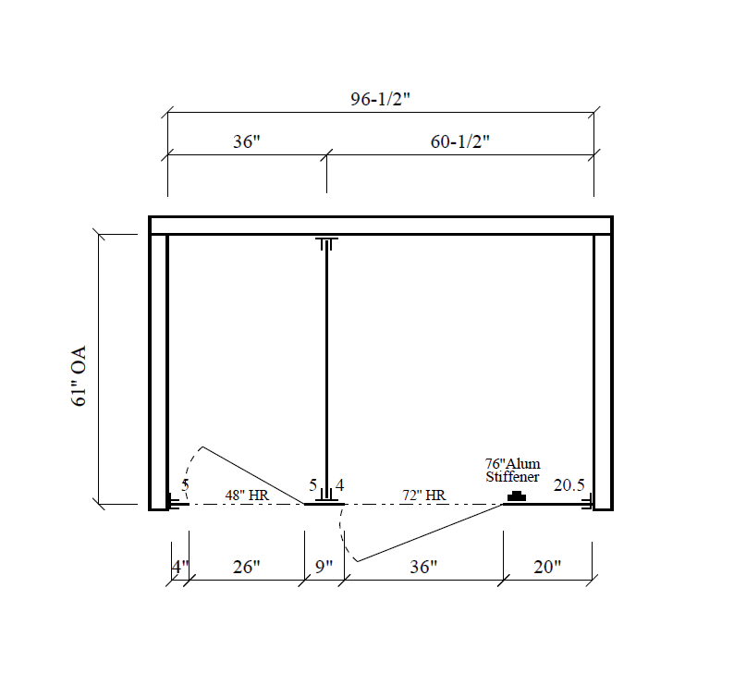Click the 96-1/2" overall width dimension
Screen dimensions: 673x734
(x=380, y=101)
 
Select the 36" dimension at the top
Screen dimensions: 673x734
(x=246, y=142)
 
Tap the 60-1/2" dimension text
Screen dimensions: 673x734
(x=459, y=142)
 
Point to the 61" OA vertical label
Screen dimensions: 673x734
(x=79, y=376)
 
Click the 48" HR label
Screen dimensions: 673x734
(x=246, y=496)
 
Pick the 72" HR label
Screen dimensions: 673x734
(x=423, y=496)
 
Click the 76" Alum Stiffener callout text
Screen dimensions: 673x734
(x=513, y=470)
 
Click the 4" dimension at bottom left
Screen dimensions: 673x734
(x=179, y=567)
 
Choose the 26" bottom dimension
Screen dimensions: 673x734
(x=246, y=567)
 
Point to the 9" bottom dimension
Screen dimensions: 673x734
(x=324, y=567)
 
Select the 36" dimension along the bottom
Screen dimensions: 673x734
(x=422, y=567)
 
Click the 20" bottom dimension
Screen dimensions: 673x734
(x=546, y=567)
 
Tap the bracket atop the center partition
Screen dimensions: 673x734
(x=325, y=244)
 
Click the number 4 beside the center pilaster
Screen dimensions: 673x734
(x=339, y=484)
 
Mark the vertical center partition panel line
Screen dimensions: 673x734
(x=325, y=370)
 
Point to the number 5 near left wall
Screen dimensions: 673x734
(x=185, y=485)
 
